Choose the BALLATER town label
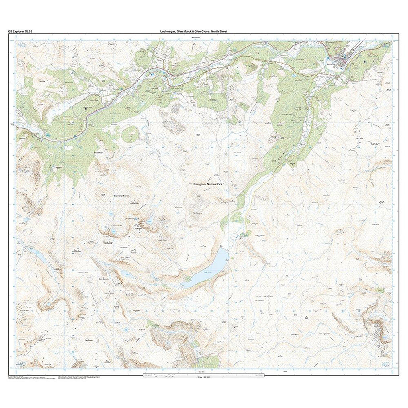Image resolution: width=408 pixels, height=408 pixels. [332, 63]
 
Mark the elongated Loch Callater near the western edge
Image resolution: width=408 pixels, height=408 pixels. [40, 257]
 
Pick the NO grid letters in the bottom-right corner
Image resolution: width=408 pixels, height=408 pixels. [385, 363]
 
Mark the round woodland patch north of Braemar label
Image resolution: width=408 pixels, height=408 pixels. [130, 135]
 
